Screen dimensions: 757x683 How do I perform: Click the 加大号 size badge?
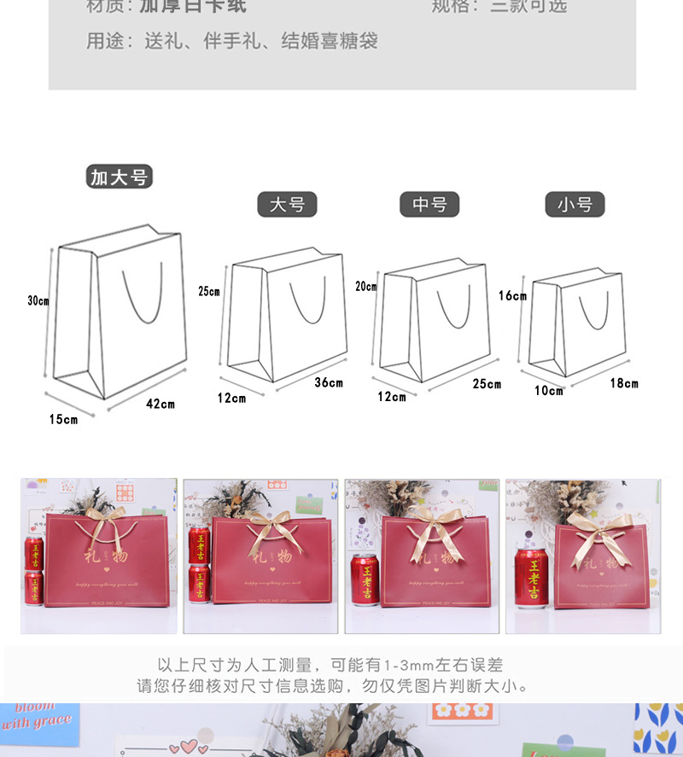click(x=120, y=178)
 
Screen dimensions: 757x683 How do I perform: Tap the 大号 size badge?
click(x=287, y=205)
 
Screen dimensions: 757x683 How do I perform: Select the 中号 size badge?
click(x=429, y=205)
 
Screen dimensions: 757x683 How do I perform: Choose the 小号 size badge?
click(x=575, y=205)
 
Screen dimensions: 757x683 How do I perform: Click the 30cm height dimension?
click(x=38, y=300)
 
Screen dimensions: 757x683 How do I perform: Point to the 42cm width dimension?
click(x=161, y=404)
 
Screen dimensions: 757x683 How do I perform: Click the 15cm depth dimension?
click(x=63, y=419)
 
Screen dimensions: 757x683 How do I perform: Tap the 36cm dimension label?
click(x=329, y=382)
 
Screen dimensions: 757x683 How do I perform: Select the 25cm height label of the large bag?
click(x=209, y=291)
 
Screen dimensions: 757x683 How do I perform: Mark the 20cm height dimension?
click(x=366, y=287)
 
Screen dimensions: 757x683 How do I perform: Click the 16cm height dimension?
click(x=512, y=296)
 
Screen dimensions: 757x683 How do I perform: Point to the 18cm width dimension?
click(x=624, y=383)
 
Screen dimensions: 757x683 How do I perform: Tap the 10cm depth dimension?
click(x=549, y=391)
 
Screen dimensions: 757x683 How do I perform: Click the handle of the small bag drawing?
click(x=594, y=312)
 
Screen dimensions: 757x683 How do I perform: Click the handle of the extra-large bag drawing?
click(x=142, y=299)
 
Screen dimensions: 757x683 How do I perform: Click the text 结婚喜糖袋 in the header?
click(x=330, y=41)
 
